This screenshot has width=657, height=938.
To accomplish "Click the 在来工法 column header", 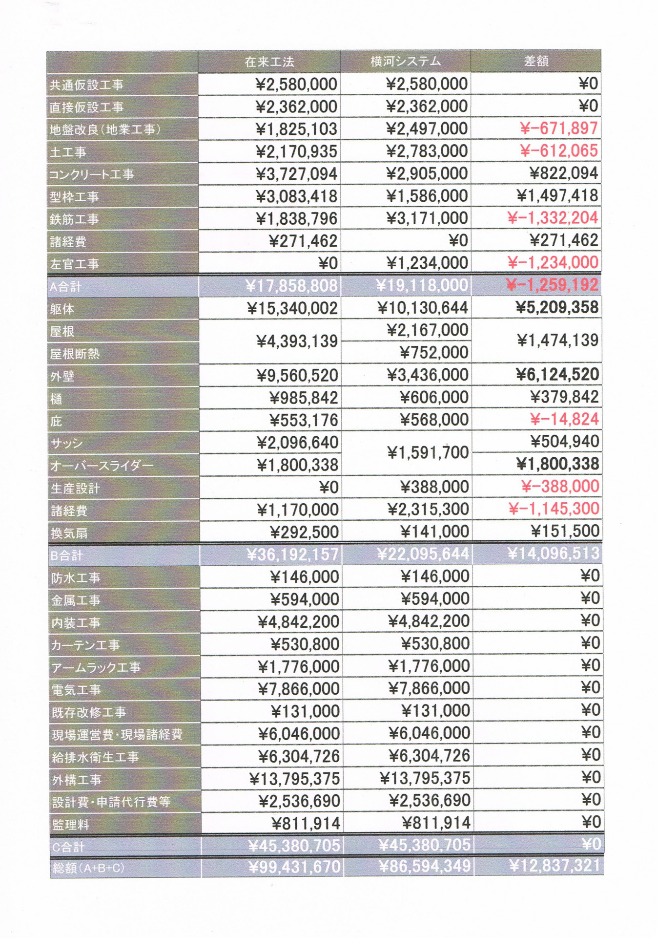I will click(269, 62).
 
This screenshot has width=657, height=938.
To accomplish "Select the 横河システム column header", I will click(405, 62).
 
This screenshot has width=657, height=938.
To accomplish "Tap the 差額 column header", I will click(536, 61).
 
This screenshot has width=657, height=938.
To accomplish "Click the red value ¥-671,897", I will click(559, 128).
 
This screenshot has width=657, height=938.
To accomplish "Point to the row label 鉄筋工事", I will click(74, 219).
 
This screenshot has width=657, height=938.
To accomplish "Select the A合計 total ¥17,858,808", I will click(292, 286).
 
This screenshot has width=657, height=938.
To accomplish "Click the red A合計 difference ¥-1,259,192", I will click(552, 285).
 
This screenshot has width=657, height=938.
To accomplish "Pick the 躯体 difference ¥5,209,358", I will click(557, 307).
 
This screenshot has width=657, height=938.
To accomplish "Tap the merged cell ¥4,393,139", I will click(297, 341).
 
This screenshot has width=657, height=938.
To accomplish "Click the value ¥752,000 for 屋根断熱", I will click(434, 352).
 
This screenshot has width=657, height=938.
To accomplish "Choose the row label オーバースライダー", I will click(102, 466).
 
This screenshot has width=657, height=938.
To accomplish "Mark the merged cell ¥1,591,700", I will click(428, 453).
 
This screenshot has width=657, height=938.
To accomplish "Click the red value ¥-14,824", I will click(564, 419).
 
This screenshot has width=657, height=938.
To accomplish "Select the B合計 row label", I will click(67, 555).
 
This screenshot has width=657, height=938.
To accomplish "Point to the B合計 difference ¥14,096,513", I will click(553, 553).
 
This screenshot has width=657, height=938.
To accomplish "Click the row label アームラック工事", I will click(96, 667).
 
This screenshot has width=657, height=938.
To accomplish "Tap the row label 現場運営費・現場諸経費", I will click(117, 735).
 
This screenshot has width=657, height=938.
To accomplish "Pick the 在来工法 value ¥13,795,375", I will click(294, 779).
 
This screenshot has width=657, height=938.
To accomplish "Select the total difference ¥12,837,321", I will click(554, 866).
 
